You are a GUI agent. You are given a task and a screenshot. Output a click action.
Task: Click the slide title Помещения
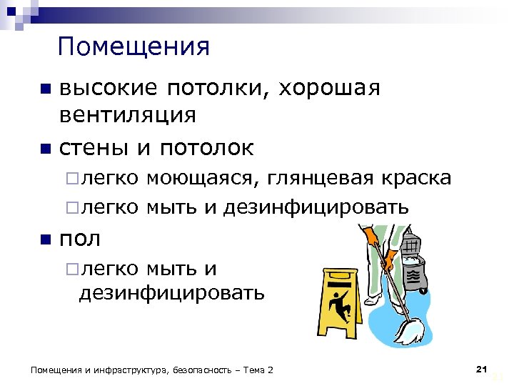(x=134, y=48)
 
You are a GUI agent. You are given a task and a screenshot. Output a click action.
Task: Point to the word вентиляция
(x=127, y=114)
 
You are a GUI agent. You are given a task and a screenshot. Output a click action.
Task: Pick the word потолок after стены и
(x=206, y=148)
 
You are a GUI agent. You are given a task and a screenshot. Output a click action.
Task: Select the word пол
(x=79, y=238)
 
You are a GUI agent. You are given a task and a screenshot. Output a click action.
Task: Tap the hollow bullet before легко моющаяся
(x=69, y=179)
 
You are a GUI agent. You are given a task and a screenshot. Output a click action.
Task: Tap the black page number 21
(x=480, y=369)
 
